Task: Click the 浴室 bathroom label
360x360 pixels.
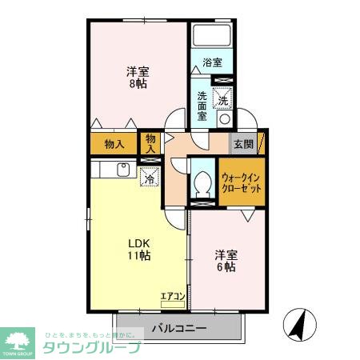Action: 211,62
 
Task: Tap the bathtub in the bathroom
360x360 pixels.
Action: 212,36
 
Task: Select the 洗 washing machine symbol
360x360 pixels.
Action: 224,101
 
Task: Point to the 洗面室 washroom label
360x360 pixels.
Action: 203,105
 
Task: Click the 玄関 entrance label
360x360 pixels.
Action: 243,145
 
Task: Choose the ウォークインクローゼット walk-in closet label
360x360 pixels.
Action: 239,183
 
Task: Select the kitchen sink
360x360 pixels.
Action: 124,170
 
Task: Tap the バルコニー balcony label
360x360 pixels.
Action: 179,328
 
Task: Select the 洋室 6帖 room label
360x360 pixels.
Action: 225,260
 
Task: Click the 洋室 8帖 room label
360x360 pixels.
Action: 137,77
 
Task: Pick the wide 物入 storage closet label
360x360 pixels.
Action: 114,145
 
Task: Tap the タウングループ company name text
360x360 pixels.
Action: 90,347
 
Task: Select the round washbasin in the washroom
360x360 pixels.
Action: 224,119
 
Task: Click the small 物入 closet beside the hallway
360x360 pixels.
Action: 150,143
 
